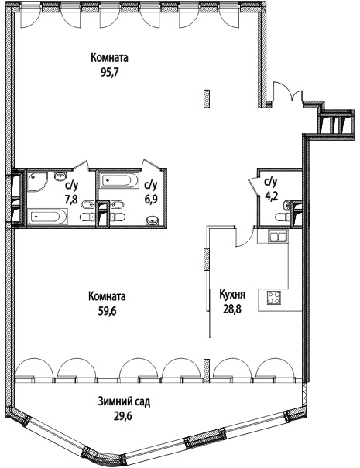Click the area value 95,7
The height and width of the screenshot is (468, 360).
[110, 73]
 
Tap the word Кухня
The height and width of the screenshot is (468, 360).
[232, 295]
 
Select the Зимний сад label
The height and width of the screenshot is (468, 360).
[124, 401]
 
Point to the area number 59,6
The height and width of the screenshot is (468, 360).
[107, 311]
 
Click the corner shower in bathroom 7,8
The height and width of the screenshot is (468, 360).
[38, 182]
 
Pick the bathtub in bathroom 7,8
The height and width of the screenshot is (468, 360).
[48, 216]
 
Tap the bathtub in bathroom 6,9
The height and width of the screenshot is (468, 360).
[119, 180]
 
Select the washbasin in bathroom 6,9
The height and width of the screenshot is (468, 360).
[153, 220]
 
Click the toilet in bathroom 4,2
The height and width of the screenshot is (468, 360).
[281, 217]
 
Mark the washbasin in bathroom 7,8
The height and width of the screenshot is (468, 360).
[60, 176]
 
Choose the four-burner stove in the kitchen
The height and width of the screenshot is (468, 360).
[273, 298]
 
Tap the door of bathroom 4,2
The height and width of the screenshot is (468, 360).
[252, 185]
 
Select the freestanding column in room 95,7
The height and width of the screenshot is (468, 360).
[206, 98]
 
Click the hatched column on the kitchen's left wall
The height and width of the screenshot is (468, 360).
[207, 259]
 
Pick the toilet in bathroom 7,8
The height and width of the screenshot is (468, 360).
[87, 217]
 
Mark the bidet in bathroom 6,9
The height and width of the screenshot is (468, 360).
[118, 205]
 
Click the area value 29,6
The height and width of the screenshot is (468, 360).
[124, 416]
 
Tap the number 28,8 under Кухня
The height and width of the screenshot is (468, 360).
[231, 309]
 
